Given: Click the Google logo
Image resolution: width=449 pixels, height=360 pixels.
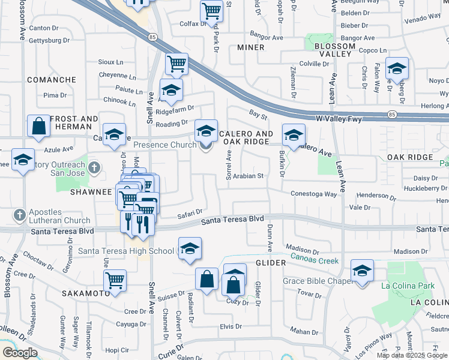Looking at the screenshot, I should (20, 353).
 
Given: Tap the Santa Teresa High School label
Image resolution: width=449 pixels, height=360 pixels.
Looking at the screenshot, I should (126, 251).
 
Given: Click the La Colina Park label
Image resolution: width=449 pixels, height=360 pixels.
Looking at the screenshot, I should (411, 286).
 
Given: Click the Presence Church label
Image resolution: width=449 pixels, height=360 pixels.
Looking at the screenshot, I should (165, 145).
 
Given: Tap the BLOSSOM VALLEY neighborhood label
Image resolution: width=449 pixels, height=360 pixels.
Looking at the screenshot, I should (330, 50).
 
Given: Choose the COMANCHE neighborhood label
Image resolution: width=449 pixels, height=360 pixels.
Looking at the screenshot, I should (51, 80).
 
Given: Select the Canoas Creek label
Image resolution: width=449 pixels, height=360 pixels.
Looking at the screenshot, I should (315, 260).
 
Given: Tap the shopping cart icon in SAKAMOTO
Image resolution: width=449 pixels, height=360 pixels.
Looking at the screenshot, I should (115, 280).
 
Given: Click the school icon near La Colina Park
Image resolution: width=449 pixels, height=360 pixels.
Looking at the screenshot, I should (362, 271).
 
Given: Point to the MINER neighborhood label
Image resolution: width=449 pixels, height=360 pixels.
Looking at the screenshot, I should (250, 47).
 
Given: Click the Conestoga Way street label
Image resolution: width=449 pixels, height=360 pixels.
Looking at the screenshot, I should (314, 194).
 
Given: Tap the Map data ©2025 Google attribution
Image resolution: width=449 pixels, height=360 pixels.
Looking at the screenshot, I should (411, 355).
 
